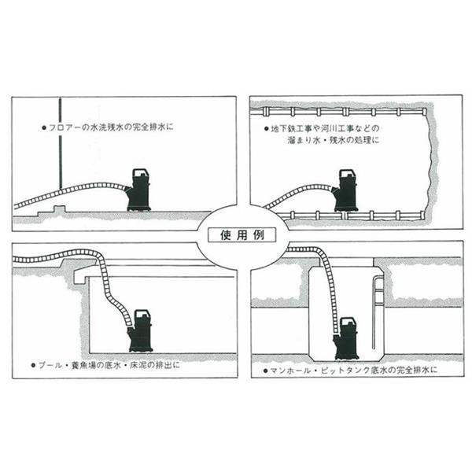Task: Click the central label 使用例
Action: coord(235,234)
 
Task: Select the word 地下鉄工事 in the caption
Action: coord(288,128)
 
